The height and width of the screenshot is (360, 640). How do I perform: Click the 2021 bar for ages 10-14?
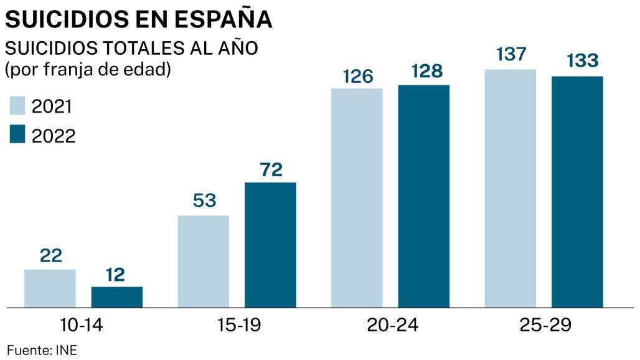click(x=50, y=288)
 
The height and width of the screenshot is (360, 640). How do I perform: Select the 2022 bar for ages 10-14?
click(x=117, y=297)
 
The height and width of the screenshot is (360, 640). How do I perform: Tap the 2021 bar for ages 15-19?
click(x=204, y=262)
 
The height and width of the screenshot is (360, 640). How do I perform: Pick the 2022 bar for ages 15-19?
click(x=270, y=245)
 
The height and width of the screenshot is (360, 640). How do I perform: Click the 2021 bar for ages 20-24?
click(x=357, y=198)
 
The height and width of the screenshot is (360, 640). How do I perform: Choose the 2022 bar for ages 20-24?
click(x=424, y=196)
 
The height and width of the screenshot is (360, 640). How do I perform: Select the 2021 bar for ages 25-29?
click(x=511, y=188)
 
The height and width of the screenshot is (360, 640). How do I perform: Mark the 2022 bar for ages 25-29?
click(x=578, y=192)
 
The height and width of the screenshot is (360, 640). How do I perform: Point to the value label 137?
click(x=511, y=55)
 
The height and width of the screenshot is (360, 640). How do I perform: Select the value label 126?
click(x=357, y=76)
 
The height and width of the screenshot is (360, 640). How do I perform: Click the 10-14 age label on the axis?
click(x=83, y=326)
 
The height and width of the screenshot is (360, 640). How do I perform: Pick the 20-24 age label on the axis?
click(x=390, y=326)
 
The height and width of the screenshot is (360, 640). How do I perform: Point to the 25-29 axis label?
click(x=544, y=326)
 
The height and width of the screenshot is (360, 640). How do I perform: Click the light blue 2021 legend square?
click(x=17, y=106)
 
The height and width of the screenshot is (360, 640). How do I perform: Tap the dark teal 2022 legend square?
click(x=17, y=135)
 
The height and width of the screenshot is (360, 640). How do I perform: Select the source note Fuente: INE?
click(x=42, y=350)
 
